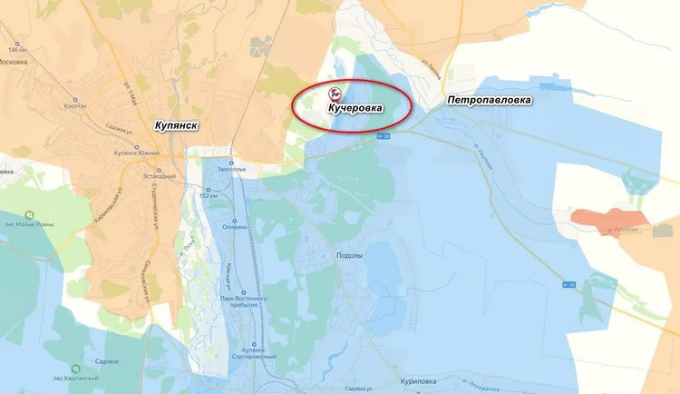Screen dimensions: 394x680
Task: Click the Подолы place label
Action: click(x=349, y=257)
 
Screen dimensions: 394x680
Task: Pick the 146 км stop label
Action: click(x=18, y=47)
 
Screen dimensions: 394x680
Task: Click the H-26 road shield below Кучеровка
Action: click(x=384, y=137)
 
